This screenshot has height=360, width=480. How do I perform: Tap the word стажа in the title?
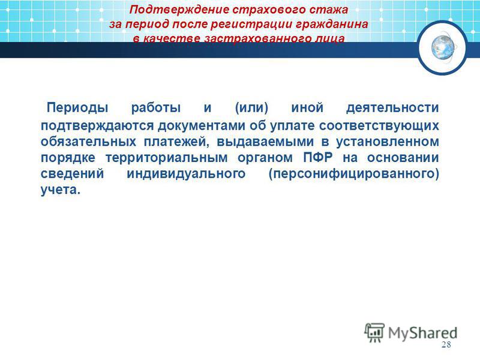[x=328, y=10]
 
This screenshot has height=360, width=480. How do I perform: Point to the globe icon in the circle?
[x=443, y=47]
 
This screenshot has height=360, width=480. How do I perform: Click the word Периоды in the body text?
[x=77, y=108]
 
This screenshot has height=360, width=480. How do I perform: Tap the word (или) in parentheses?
[x=251, y=108]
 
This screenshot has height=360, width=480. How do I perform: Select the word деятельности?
[x=392, y=108]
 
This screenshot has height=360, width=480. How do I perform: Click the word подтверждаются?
[x=97, y=126]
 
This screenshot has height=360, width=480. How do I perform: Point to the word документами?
[x=202, y=126]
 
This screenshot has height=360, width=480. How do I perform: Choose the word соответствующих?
[x=379, y=126]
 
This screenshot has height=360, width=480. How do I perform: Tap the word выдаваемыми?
[x=265, y=142]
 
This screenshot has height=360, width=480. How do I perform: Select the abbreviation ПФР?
[x=318, y=158]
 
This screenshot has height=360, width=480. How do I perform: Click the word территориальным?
[x=167, y=158]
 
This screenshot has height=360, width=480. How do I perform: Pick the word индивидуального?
[x=186, y=173]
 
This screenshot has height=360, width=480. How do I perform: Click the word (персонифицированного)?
[x=353, y=173]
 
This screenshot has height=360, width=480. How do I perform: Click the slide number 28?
[x=446, y=344]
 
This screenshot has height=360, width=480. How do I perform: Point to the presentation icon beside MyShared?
[x=374, y=332]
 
